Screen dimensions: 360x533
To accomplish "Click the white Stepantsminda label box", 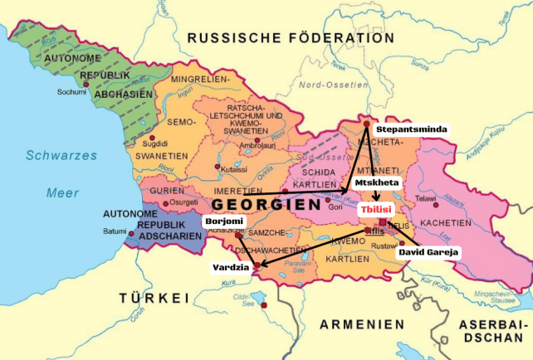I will pos(412,130).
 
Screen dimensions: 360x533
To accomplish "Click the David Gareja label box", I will pos(428,251).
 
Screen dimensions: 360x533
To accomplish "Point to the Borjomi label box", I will pos(224,221).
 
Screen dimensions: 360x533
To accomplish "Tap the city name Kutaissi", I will pos(233,168).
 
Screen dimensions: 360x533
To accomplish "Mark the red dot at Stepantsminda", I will pos(366,124).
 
